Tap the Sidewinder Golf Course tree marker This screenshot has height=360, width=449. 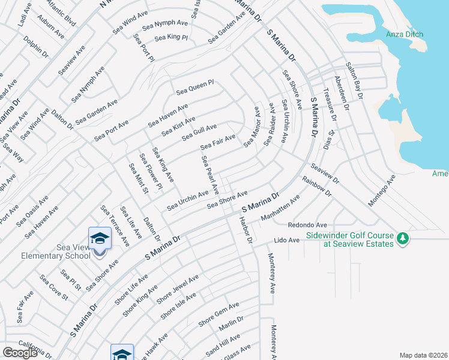click(403, 239)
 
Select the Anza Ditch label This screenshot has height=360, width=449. click(406, 34)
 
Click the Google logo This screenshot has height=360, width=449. click(20, 353)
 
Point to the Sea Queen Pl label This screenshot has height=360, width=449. click(195, 88)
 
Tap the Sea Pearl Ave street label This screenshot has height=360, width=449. click(210, 175)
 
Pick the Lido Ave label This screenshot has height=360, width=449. click(286, 240)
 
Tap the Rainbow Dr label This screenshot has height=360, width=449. click(316, 186)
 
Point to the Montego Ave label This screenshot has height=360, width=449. click(382, 191)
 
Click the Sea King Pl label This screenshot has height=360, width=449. click(171, 38)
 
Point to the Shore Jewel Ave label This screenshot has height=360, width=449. click(177, 289)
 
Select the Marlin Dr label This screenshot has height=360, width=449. click(231, 324)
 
